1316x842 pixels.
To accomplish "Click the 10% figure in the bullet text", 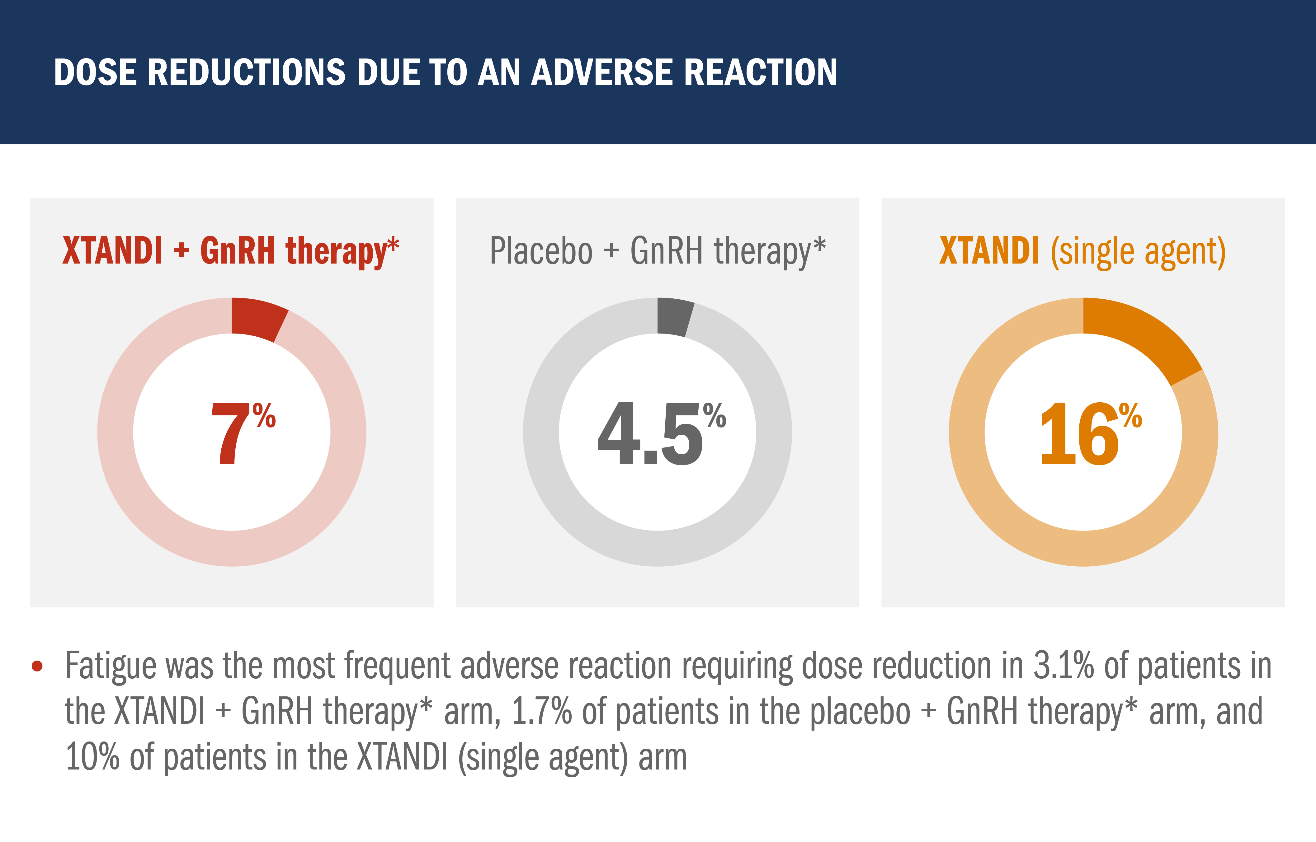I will pos(92,757).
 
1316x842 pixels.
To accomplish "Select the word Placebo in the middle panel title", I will pos(540,251).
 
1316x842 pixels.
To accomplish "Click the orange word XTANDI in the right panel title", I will pos(989,251).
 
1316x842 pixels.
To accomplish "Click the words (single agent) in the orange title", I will pos(1138,253).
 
